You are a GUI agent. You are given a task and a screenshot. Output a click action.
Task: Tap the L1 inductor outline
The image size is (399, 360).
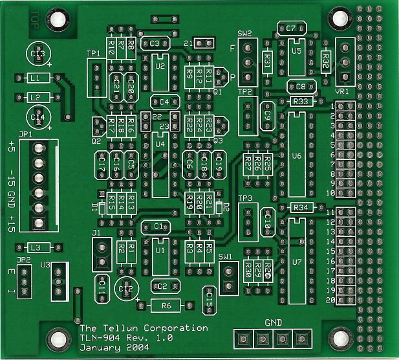point(37,78)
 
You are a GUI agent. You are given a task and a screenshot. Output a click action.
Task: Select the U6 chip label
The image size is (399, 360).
point(297,156)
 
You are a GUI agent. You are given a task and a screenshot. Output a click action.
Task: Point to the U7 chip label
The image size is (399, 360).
point(297,262)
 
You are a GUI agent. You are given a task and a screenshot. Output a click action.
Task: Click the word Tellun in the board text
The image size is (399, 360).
point(118,328)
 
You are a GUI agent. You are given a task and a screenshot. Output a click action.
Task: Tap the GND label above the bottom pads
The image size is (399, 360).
point(274,322)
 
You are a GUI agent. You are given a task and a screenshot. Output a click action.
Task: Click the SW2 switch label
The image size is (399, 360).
point(244,33)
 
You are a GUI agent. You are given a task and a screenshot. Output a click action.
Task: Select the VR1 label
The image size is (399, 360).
point(343,92)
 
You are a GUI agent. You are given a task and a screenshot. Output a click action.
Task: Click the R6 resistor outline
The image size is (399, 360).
point(166,305)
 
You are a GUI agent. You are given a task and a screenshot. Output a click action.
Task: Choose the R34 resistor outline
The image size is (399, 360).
point(302,207)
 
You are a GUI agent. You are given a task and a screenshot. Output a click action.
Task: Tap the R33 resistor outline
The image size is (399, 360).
point(302,102)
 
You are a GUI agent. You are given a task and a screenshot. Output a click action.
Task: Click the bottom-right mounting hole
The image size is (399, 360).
point(339,337)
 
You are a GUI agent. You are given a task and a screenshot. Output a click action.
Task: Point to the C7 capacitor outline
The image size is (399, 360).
point(291,28)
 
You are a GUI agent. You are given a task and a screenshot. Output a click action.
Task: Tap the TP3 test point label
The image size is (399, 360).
point(245,198)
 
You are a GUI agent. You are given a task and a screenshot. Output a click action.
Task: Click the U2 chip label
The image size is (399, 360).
point(160,66)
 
